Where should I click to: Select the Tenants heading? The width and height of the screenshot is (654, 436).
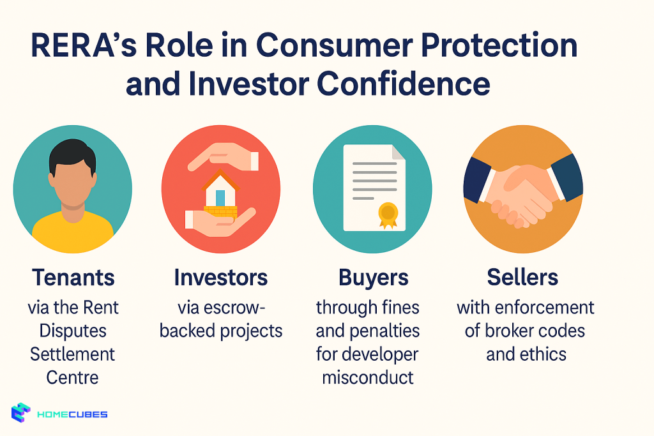click(x=73, y=278)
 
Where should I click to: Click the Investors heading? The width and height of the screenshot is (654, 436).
click(x=220, y=278)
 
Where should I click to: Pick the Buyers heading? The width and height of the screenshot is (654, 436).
click(x=373, y=278)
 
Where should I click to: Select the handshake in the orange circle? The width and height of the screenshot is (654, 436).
click(x=523, y=192)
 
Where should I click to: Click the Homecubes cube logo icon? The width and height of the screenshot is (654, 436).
click(x=21, y=414)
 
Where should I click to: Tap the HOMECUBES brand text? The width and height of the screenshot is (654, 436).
click(x=72, y=414)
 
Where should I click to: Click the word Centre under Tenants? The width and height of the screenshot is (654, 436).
click(x=73, y=377)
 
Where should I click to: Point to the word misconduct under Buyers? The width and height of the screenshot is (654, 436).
click(x=368, y=377)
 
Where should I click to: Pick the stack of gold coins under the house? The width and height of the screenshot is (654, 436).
click(x=220, y=211)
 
